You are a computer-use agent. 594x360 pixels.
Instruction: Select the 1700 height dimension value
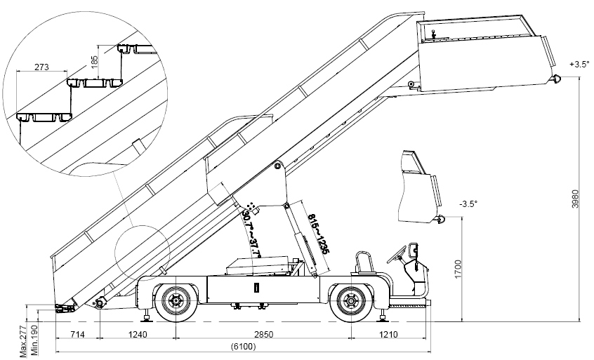[457, 268]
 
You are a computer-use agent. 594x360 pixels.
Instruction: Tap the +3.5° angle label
[579, 65]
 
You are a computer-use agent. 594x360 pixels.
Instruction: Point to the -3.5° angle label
[468, 204]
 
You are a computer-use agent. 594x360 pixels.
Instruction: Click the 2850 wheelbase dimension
[263, 334]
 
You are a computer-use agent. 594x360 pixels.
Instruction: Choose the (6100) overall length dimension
[242, 347]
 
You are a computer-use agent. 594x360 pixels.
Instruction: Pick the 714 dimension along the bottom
[78, 334]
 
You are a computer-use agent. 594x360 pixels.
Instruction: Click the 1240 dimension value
[138, 334]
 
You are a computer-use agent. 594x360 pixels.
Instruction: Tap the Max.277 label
[23, 343]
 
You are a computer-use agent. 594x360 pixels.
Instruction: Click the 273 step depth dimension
[41, 69]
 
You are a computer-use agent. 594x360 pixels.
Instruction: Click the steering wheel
[406, 250]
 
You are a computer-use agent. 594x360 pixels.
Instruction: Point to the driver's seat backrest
[362, 261]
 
